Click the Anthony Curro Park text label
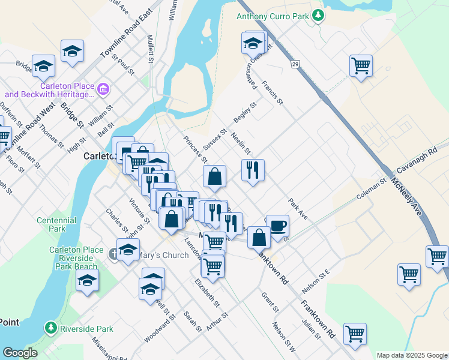point(273,17)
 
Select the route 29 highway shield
point(295,63)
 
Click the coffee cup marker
point(277,227)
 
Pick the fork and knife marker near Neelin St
point(253,170)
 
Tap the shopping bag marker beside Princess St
point(214,177)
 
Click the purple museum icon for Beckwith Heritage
point(104,89)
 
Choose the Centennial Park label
point(56,224)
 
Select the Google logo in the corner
point(20,353)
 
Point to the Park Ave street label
point(298,209)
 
